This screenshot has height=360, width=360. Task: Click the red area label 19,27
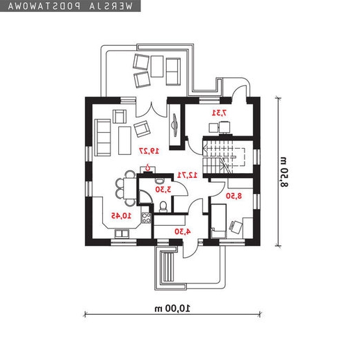pyautogui.click(x=149, y=151)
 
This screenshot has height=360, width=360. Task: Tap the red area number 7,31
pyautogui.click(x=219, y=113)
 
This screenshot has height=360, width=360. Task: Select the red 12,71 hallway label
pyautogui.click(x=187, y=175)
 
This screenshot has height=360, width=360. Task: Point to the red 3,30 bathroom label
pyautogui.click(x=163, y=189)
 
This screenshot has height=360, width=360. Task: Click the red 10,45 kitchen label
pyautogui.click(x=121, y=215)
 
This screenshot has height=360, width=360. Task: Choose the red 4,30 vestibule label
pyautogui.click(x=183, y=231)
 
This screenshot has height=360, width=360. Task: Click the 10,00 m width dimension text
pyautogui.click(x=172, y=309)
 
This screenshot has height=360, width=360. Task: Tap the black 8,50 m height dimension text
pyautogui.click(x=284, y=172)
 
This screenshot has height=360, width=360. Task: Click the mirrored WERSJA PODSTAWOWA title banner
pyautogui.click(x=70, y=6)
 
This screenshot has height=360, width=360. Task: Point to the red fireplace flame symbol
pyautogui.click(x=147, y=167)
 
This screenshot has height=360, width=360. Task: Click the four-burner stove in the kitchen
pyautogui.click(x=146, y=218)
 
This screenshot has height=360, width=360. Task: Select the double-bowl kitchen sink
pyautogui.click(x=122, y=234)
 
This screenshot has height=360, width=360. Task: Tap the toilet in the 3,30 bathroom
pyautogui.click(x=163, y=207)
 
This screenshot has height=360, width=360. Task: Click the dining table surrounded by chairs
pyautogui.click(x=130, y=188)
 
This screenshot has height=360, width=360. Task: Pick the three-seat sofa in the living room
pyautogui.click(x=102, y=138)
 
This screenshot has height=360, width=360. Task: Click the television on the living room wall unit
pyautogui.click(x=174, y=124)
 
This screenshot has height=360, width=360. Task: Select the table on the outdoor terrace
pyautogui.click(x=157, y=66)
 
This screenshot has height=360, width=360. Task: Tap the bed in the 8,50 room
pyautogui.click(x=218, y=221)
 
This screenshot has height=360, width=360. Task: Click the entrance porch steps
pyautogui.click(x=167, y=267)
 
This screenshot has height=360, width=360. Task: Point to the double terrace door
pyautogui.click(x=152, y=110)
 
